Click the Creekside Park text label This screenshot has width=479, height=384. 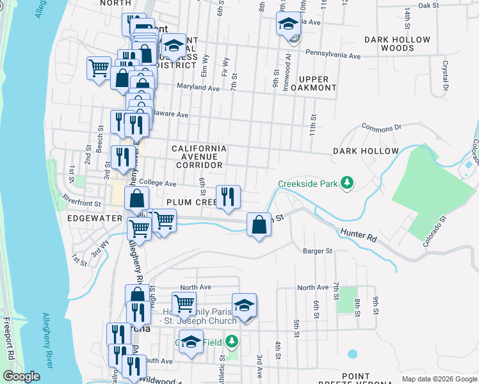pyautogui.click(x=307, y=184)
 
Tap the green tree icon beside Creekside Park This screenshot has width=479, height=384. pyautogui.click(x=346, y=184)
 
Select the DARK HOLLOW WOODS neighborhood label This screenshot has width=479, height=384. pyautogui.click(x=397, y=44)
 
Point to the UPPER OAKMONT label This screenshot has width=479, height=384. pyautogui.click(x=313, y=83)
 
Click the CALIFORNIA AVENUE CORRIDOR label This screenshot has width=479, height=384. pyautogui.click(x=199, y=157)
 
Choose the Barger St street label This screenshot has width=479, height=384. pyautogui.click(x=318, y=251)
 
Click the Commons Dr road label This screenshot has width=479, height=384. pyautogui.click(x=380, y=127)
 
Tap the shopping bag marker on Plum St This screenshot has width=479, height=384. pyautogui.click(x=259, y=225)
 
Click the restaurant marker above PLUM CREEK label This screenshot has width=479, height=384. pyautogui.click(x=228, y=197)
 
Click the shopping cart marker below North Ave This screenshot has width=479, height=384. pyautogui.click(x=184, y=303)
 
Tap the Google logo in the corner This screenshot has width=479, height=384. pyautogui.click(x=20, y=376)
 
